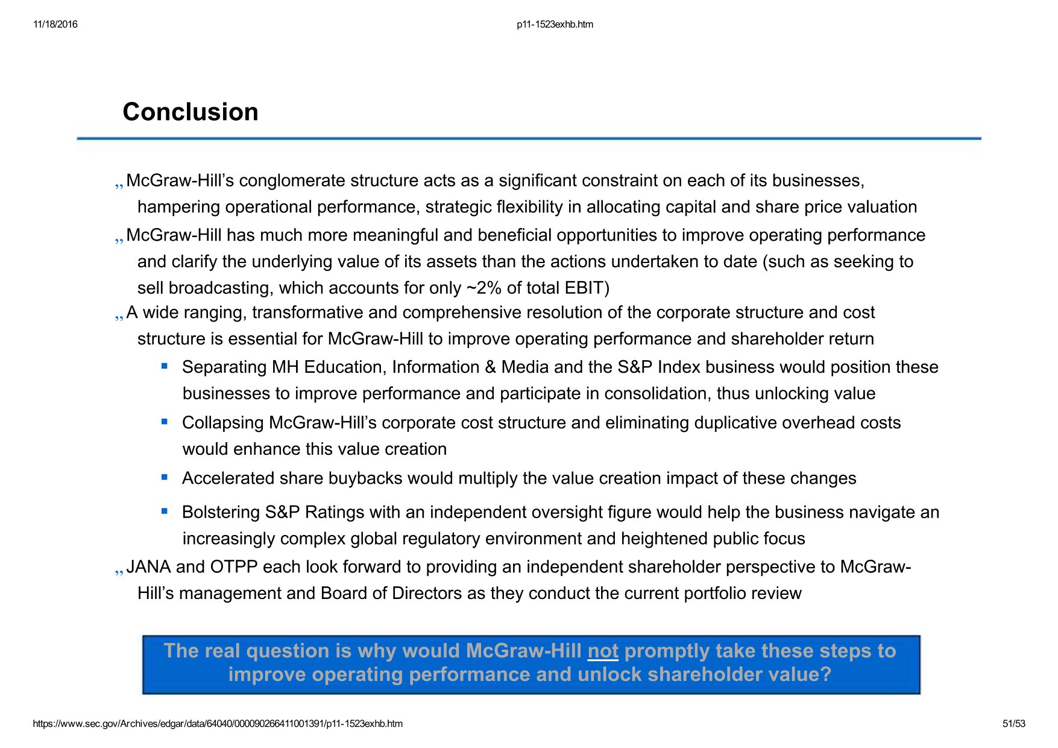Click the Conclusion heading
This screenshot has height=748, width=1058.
(x=191, y=112)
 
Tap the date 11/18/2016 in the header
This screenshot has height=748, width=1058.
(x=55, y=25)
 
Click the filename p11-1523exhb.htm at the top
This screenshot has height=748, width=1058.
(x=555, y=25)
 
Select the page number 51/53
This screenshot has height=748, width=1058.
(x=1013, y=724)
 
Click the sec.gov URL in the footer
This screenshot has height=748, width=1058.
(x=218, y=724)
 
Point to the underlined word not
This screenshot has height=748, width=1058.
(x=603, y=651)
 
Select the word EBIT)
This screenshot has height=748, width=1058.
(x=587, y=288)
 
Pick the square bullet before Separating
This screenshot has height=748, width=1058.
(x=164, y=366)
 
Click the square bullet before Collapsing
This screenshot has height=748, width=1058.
(x=164, y=421)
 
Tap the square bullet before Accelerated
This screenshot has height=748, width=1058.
(x=164, y=477)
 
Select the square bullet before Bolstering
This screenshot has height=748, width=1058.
(x=164, y=510)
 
